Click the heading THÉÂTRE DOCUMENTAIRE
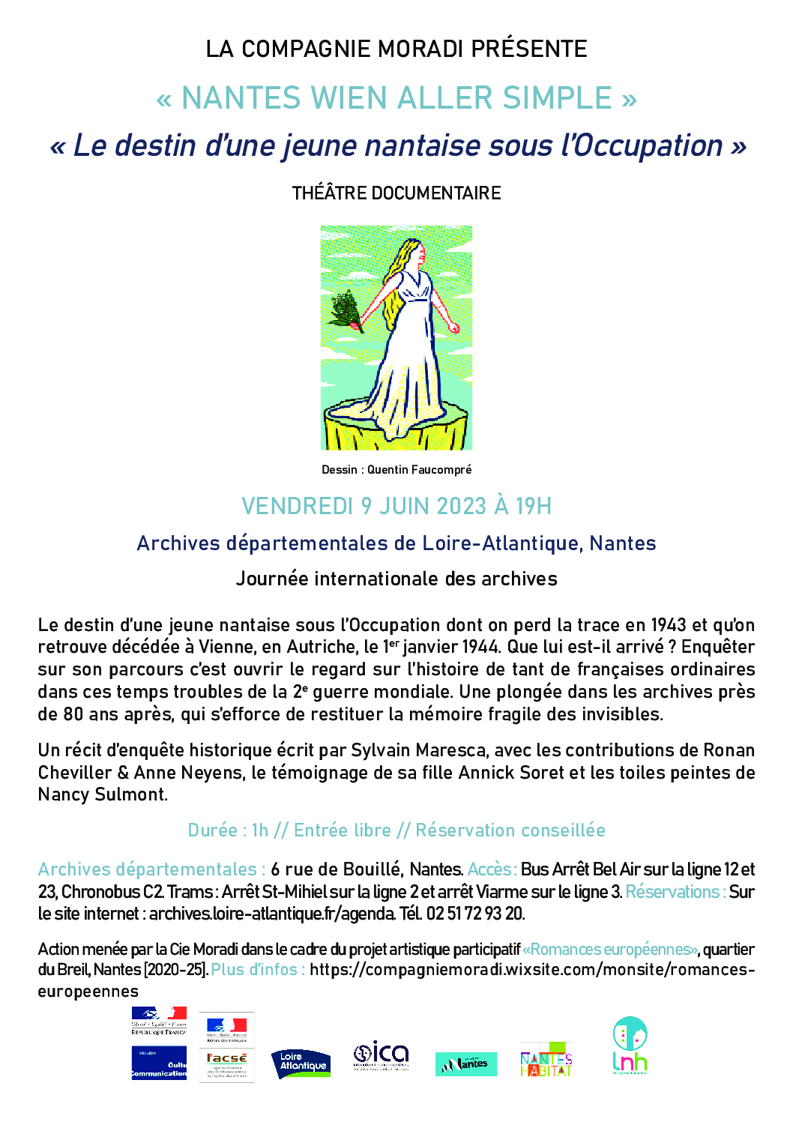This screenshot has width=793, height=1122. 396,193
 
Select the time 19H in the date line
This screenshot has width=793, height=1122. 533,507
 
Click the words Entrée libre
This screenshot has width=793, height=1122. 343,830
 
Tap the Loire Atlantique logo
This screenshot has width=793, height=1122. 301,1064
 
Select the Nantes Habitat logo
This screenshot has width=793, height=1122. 546,1060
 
